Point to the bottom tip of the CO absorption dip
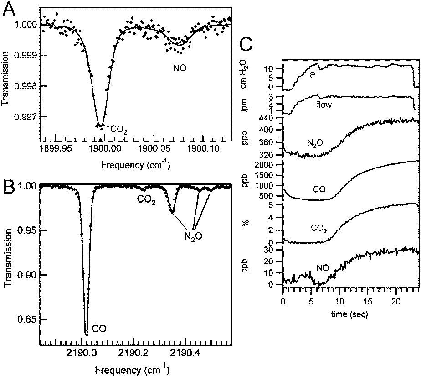86,334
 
